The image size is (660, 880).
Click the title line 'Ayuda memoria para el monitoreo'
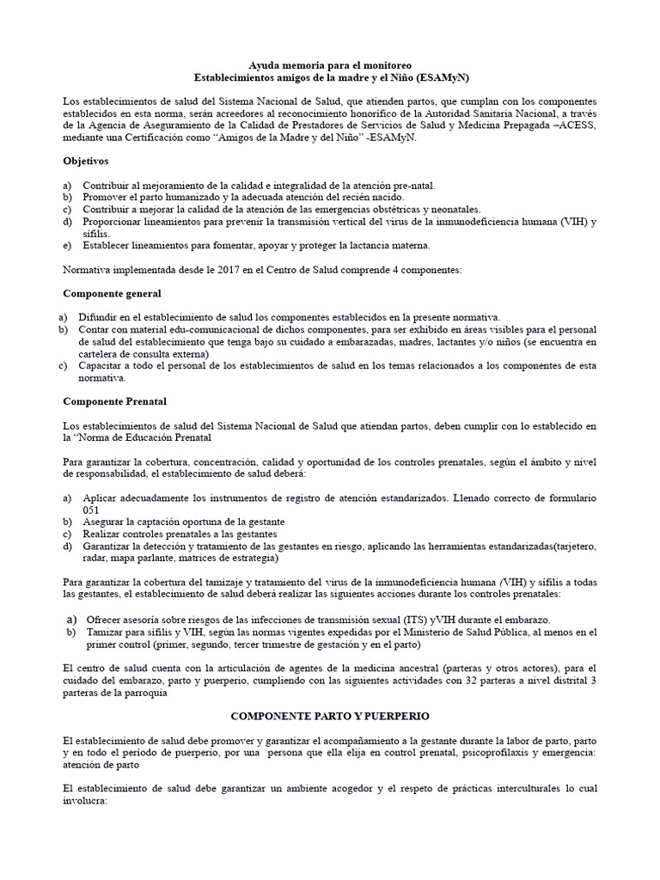coord(329,64)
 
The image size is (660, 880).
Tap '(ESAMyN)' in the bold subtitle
coord(443,76)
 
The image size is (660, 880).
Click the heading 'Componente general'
coord(112,293)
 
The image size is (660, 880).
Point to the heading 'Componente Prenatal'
coord(115,400)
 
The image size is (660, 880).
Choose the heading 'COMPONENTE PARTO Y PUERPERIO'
coord(329,715)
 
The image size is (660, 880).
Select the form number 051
coord(91,510)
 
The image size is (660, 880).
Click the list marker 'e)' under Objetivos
coord(69,245)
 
